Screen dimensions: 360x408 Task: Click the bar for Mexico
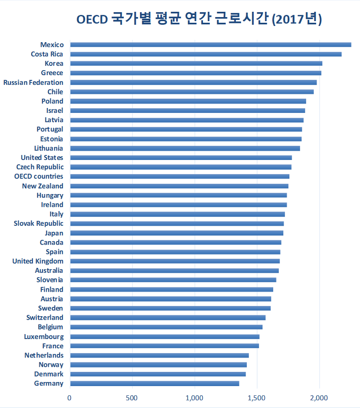(x=211, y=45)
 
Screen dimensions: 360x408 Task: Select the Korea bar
(x=196, y=64)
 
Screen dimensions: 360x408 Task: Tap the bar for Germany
(x=155, y=383)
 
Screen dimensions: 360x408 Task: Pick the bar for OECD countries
(x=180, y=177)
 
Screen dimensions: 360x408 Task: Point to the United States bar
(x=181, y=158)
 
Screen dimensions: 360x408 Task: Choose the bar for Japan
(x=176, y=233)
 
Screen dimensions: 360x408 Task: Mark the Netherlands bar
(x=159, y=355)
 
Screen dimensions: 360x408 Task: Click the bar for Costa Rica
(x=206, y=54)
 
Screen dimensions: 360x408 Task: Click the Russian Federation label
(x=33, y=83)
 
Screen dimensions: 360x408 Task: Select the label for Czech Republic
(x=40, y=167)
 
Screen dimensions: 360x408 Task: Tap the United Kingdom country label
(x=38, y=261)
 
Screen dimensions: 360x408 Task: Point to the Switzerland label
(x=45, y=318)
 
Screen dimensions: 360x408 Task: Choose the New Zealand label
(x=43, y=186)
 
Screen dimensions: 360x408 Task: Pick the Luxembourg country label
(x=44, y=337)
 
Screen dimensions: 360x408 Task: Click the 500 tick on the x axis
(x=132, y=398)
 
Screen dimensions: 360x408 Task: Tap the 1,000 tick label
(x=194, y=398)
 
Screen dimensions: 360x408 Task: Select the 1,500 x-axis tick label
(x=256, y=398)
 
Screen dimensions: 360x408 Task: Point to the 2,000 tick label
(x=319, y=398)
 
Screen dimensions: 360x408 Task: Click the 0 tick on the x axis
(x=69, y=398)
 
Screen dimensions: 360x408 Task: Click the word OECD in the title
(x=92, y=19)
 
